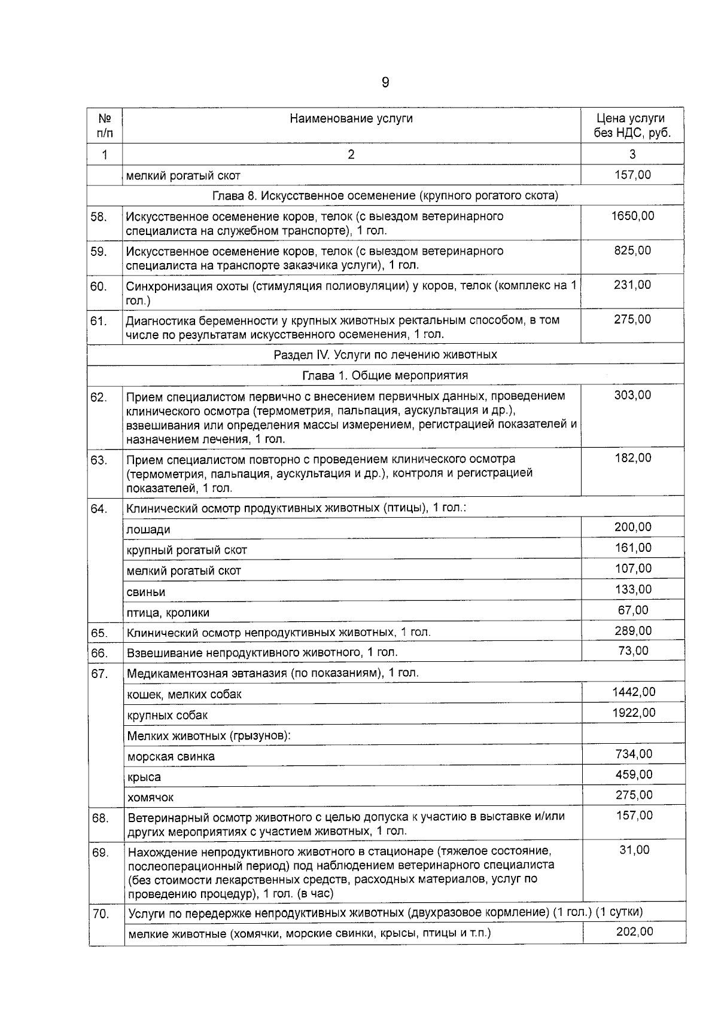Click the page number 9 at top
[385, 83]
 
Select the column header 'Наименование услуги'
[351, 118]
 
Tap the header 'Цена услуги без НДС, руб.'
[632, 126]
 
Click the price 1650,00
[632, 216]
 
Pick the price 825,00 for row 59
[632, 251]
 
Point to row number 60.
[99, 286]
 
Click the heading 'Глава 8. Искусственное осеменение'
[385, 196]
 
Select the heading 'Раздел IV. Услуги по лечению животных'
[385, 355]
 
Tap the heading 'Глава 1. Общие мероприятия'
[385, 375]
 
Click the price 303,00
[632, 395]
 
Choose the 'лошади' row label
[148, 530]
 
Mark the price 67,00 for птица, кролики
[633, 610]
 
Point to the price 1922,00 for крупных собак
[634, 713]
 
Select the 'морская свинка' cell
[171, 756]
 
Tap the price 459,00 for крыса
[634, 774]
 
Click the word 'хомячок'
[151, 798]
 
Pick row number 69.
[100, 853]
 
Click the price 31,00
[634, 850]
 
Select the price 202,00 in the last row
[634, 931]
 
